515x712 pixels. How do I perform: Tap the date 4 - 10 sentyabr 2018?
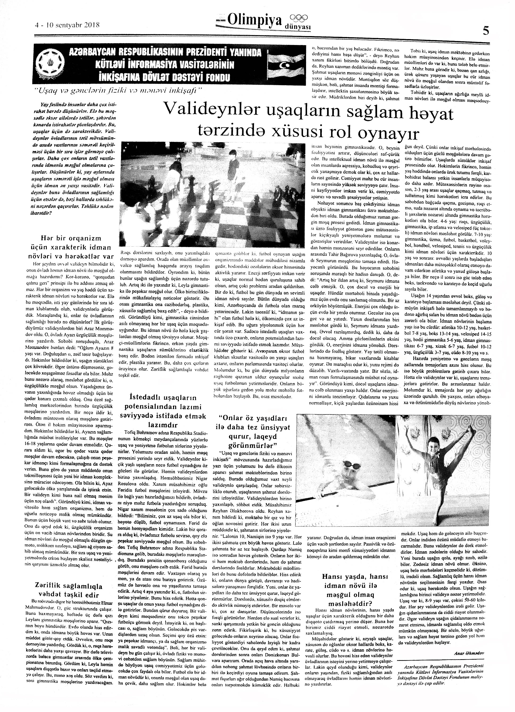pyautogui.click(x=67, y=25)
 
